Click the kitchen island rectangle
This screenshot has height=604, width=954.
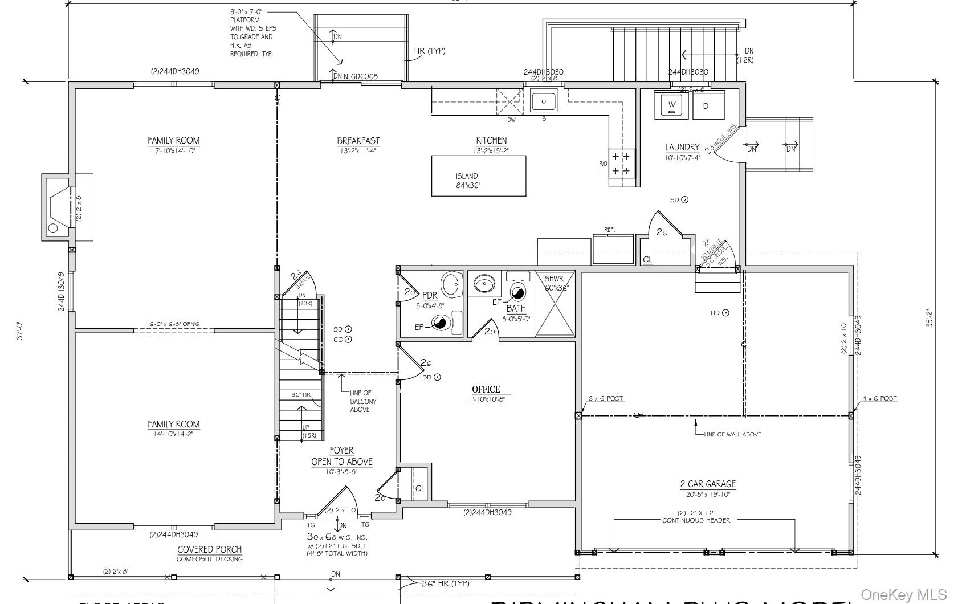(x=478, y=176)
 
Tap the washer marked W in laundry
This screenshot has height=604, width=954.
(x=672, y=105)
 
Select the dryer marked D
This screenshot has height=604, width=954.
(x=707, y=106)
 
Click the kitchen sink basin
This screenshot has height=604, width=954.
(x=544, y=101)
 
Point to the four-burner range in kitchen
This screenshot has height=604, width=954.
(x=621, y=163)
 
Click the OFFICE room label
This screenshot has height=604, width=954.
(x=486, y=390)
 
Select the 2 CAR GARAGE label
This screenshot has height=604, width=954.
(x=707, y=484)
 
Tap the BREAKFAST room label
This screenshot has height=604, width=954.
(x=358, y=141)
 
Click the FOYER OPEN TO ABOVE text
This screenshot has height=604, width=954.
(x=341, y=456)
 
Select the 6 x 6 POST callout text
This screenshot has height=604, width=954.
(x=605, y=399)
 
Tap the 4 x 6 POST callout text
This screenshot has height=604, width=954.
(x=879, y=399)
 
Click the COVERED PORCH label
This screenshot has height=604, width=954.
(x=210, y=549)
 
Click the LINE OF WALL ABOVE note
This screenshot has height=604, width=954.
(x=732, y=435)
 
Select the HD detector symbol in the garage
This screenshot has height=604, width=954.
(x=725, y=313)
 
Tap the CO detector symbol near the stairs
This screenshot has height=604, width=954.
(x=348, y=340)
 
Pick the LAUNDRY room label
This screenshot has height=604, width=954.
(x=682, y=147)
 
